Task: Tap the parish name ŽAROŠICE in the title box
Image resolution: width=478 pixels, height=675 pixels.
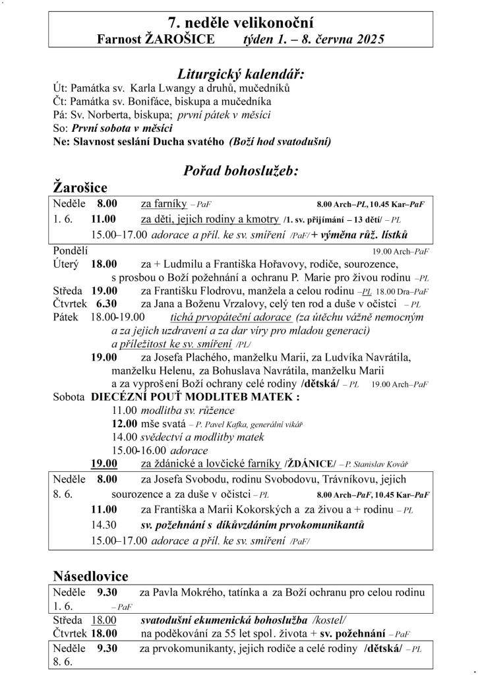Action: click(176, 40)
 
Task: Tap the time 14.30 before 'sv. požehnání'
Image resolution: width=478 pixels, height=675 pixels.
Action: click(104, 525)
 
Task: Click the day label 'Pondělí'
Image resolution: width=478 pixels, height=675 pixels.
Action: click(70, 250)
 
